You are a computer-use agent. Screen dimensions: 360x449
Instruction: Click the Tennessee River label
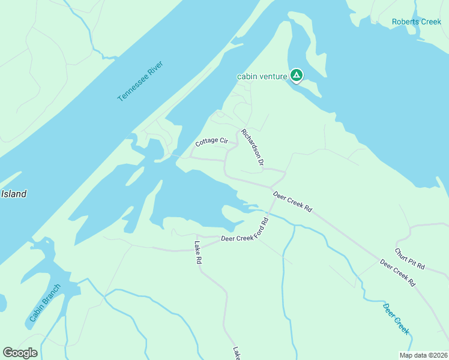tap(140, 80)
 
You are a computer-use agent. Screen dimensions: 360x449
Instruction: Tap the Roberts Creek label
tap(416, 22)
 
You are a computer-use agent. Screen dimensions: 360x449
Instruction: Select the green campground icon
tap(296, 76)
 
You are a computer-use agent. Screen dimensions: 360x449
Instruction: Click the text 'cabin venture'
tap(262, 76)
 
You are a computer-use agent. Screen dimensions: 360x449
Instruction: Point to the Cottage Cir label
tap(212, 142)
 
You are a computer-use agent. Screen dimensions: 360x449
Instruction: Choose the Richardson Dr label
tap(253, 147)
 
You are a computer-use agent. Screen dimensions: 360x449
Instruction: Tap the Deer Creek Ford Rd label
tap(244, 230)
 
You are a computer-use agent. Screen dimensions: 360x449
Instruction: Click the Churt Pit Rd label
tap(410, 259)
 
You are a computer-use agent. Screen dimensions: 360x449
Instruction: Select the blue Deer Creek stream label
tap(396, 319)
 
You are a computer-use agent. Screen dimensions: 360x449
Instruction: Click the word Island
tap(14, 194)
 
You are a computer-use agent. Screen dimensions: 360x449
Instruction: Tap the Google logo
tap(20, 353)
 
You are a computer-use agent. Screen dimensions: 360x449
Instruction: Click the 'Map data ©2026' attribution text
tap(424, 355)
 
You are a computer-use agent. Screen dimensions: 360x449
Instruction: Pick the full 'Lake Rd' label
tap(200, 253)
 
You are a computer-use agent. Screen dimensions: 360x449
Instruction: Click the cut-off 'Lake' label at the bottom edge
tap(237, 353)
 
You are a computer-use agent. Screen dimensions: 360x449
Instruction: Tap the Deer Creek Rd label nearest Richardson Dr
tap(293, 202)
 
